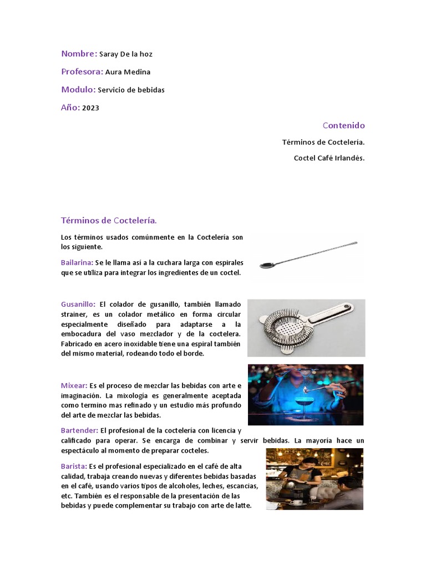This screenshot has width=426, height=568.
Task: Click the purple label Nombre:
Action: click(79, 54)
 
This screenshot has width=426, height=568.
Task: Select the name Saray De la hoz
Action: click(125, 54)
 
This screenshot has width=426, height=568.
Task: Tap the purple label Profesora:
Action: click(82, 72)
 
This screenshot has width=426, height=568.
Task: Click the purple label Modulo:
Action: click(78, 89)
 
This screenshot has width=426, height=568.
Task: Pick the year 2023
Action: click(90, 108)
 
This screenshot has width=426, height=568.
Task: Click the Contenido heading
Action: click(344, 125)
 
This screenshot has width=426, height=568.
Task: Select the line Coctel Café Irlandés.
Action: click(329, 158)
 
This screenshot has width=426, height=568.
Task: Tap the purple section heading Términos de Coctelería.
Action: click(109, 221)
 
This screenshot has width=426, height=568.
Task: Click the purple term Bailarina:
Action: click(77, 262)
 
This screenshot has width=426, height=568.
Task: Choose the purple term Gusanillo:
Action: click(78, 304)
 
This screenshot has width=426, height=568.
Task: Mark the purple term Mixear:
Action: click(74, 386)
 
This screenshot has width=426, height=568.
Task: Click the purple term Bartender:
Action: click(79, 430)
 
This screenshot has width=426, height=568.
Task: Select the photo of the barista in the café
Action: click(315, 479)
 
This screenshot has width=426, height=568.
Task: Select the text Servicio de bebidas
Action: click(131, 90)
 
